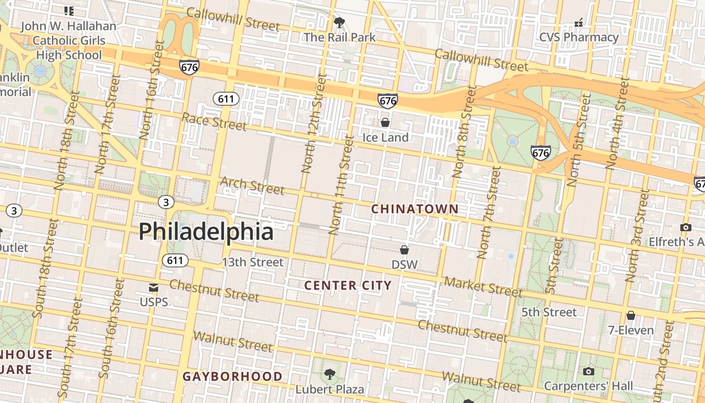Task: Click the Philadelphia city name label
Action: (x=206, y=231)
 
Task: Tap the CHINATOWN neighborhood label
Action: (x=415, y=209)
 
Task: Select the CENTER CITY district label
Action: (x=348, y=286)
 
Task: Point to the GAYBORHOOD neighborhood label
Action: (x=232, y=376)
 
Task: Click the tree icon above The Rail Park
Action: (x=339, y=22)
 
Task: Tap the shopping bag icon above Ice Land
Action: (x=385, y=122)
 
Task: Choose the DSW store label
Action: (x=404, y=264)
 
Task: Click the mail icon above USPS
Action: (x=154, y=288)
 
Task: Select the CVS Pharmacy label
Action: (x=579, y=37)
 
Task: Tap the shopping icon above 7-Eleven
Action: (x=630, y=316)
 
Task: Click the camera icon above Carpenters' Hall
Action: (x=588, y=372)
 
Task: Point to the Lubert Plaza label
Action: (x=329, y=389)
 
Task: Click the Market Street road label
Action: (x=483, y=287)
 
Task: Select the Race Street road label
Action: (x=214, y=121)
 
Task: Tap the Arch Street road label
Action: (x=252, y=185)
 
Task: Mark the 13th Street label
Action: (x=253, y=262)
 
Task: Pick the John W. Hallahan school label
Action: (x=68, y=40)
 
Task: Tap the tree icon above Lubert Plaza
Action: (x=330, y=374)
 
